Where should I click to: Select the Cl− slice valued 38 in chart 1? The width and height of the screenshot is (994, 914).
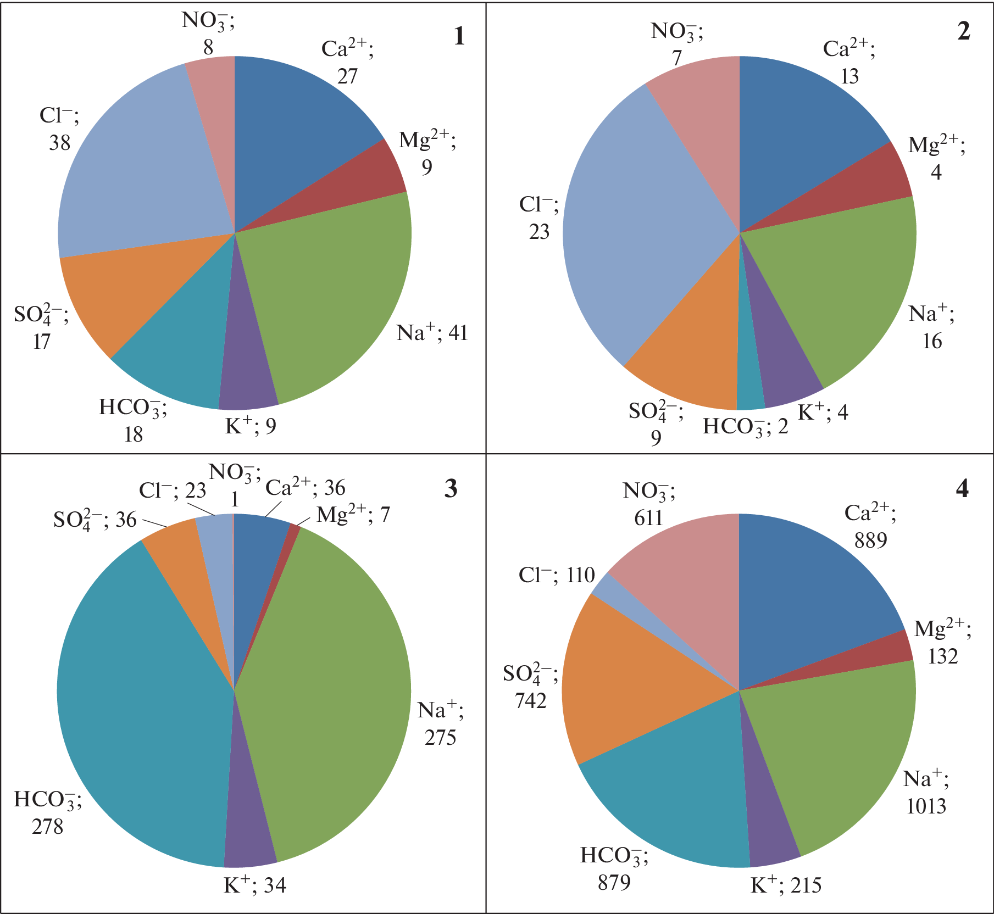137,165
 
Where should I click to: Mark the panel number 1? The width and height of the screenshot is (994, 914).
459,36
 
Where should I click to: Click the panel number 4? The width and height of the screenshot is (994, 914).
962,488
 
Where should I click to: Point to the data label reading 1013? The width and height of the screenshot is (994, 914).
926,806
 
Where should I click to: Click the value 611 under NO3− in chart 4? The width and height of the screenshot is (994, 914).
648,518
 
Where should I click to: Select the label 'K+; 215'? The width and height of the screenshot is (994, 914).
786,885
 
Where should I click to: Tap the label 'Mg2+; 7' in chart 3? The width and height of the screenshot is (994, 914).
353,515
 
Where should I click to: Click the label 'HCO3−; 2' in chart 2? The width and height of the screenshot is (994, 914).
745,426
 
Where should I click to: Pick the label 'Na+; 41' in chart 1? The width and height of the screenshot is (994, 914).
432,333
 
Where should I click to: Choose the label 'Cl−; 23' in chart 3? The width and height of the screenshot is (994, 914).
172,490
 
